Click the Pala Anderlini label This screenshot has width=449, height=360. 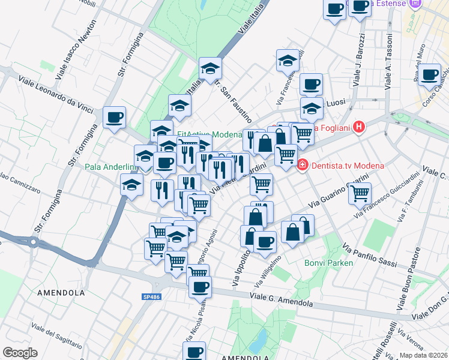coord(109,166)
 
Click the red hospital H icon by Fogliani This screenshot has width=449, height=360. coord(359,127)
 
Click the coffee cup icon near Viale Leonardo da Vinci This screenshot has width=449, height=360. coord(114,118)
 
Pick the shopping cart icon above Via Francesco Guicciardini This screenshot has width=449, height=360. coord(359,193)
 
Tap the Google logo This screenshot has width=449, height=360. coord(20,352)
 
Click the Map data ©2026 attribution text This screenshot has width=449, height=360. coord(423,355)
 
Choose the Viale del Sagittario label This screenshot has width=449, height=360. coord(56,337)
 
